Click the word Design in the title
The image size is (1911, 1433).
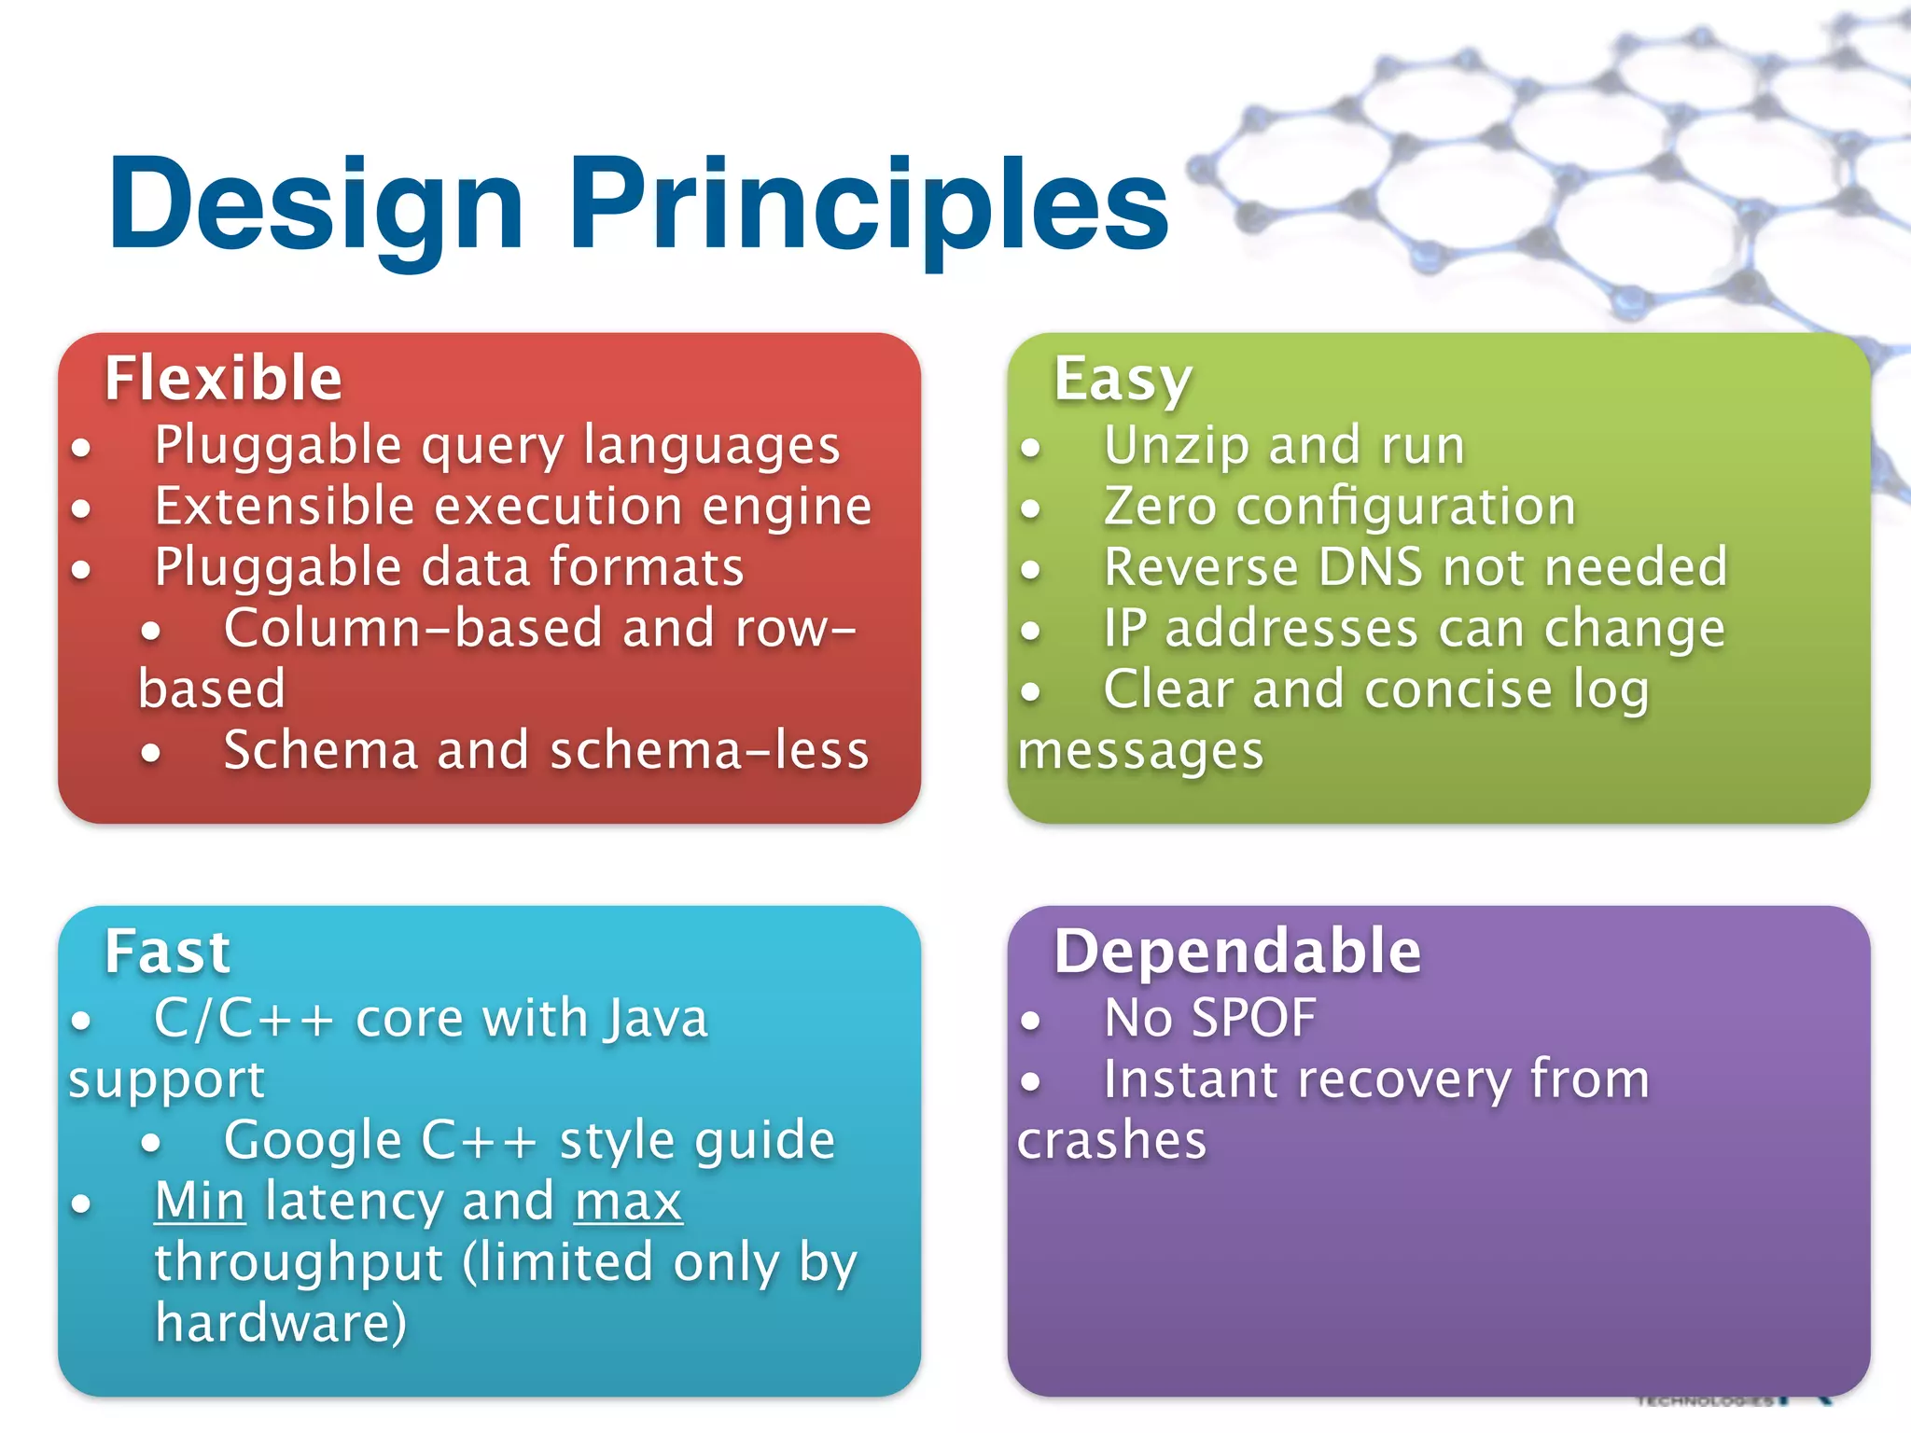pos(315,205)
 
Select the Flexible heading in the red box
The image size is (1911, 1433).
pos(223,379)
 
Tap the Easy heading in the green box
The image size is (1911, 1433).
pos(1123,381)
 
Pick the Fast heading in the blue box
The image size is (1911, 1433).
pos(167,952)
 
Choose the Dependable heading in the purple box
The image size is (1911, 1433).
pos(1237,952)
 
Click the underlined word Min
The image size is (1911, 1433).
pos(200,1201)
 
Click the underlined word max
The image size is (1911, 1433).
pos(628,1203)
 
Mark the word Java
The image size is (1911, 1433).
pos(655,1018)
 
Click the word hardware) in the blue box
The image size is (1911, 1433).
pos(281,1323)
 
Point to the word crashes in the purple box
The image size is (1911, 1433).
pos(1111,1141)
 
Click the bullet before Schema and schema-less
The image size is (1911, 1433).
pos(151,752)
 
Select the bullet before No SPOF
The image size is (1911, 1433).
pos(1030,1021)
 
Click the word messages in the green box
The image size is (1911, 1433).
pos(1140,752)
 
